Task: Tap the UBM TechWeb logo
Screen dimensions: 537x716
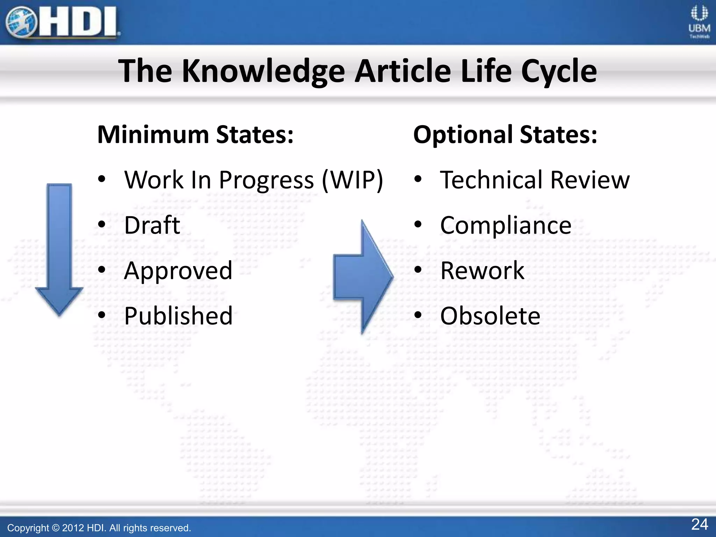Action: (x=699, y=22)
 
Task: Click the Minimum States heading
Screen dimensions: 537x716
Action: (x=195, y=135)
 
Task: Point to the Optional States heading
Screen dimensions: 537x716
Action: (x=505, y=135)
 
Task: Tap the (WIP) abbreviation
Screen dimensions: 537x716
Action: (x=352, y=180)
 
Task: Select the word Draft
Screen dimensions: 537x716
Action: (x=152, y=225)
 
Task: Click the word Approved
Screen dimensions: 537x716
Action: (x=178, y=271)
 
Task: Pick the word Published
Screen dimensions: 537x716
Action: (x=178, y=316)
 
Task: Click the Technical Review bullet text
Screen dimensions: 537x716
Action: (x=535, y=180)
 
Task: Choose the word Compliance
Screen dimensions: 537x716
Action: (x=506, y=225)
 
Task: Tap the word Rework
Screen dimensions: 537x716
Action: (x=482, y=271)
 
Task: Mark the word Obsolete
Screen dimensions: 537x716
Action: (x=490, y=316)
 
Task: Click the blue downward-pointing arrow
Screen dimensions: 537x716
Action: (x=59, y=248)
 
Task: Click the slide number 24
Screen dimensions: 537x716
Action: (x=700, y=524)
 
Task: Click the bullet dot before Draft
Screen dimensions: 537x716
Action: (x=102, y=224)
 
